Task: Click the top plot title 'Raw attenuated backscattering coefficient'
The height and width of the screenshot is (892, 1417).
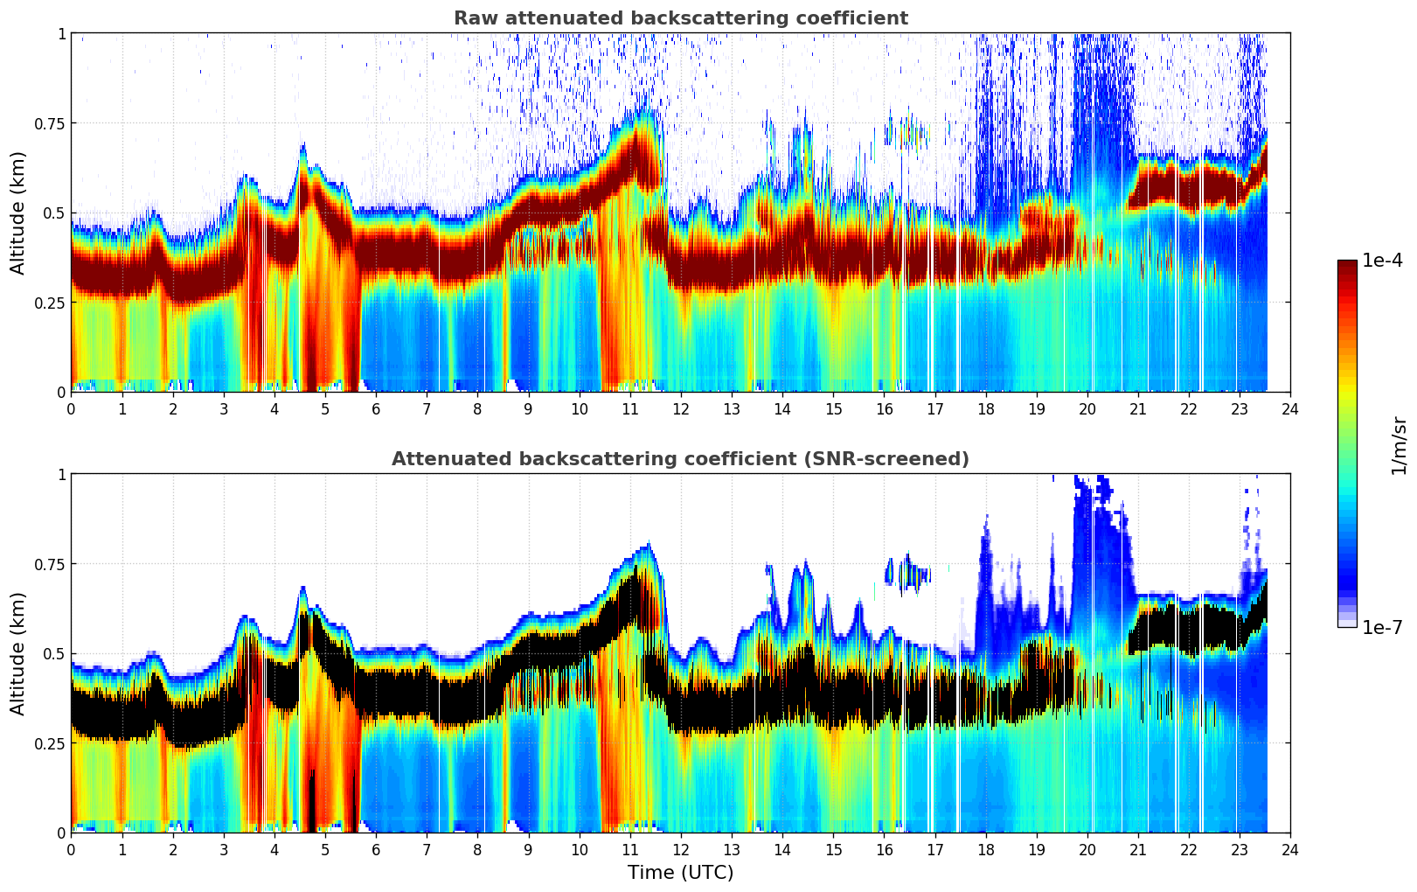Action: (680, 18)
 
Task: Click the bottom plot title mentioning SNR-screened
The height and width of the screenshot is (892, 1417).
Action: (680, 459)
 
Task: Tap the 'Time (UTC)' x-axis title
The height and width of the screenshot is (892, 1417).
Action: (680, 873)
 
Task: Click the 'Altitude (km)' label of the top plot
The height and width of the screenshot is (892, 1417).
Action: (18, 213)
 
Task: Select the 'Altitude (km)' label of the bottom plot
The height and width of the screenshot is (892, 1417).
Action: (18, 653)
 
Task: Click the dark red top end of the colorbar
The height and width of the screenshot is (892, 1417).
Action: (1346, 264)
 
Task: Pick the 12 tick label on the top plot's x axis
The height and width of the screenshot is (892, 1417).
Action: (680, 408)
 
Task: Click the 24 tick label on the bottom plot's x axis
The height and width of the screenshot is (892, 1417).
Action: (1289, 849)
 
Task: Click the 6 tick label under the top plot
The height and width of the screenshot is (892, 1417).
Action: (376, 408)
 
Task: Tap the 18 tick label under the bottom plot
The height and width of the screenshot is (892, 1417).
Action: (985, 849)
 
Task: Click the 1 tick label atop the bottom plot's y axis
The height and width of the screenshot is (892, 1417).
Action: (61, 475)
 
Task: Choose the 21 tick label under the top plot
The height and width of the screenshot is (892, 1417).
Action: (1137, 408)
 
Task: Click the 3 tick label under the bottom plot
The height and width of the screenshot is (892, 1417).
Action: (224, 849)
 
